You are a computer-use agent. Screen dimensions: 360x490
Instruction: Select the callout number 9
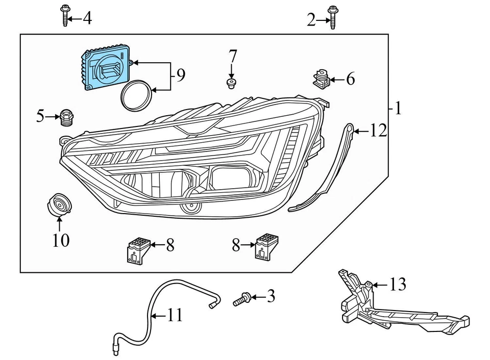180,76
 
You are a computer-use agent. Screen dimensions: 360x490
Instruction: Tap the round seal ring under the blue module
136,94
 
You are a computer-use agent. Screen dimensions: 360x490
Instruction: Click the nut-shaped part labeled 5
65,117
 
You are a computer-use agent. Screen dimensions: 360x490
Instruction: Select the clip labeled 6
321,78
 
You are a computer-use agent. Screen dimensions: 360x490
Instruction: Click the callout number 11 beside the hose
175,316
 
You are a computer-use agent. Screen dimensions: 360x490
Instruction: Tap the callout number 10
61,240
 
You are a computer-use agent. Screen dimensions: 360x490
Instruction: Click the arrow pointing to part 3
257,296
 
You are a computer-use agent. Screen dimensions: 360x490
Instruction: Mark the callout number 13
398,285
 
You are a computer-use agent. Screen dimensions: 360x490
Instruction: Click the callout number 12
378,131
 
